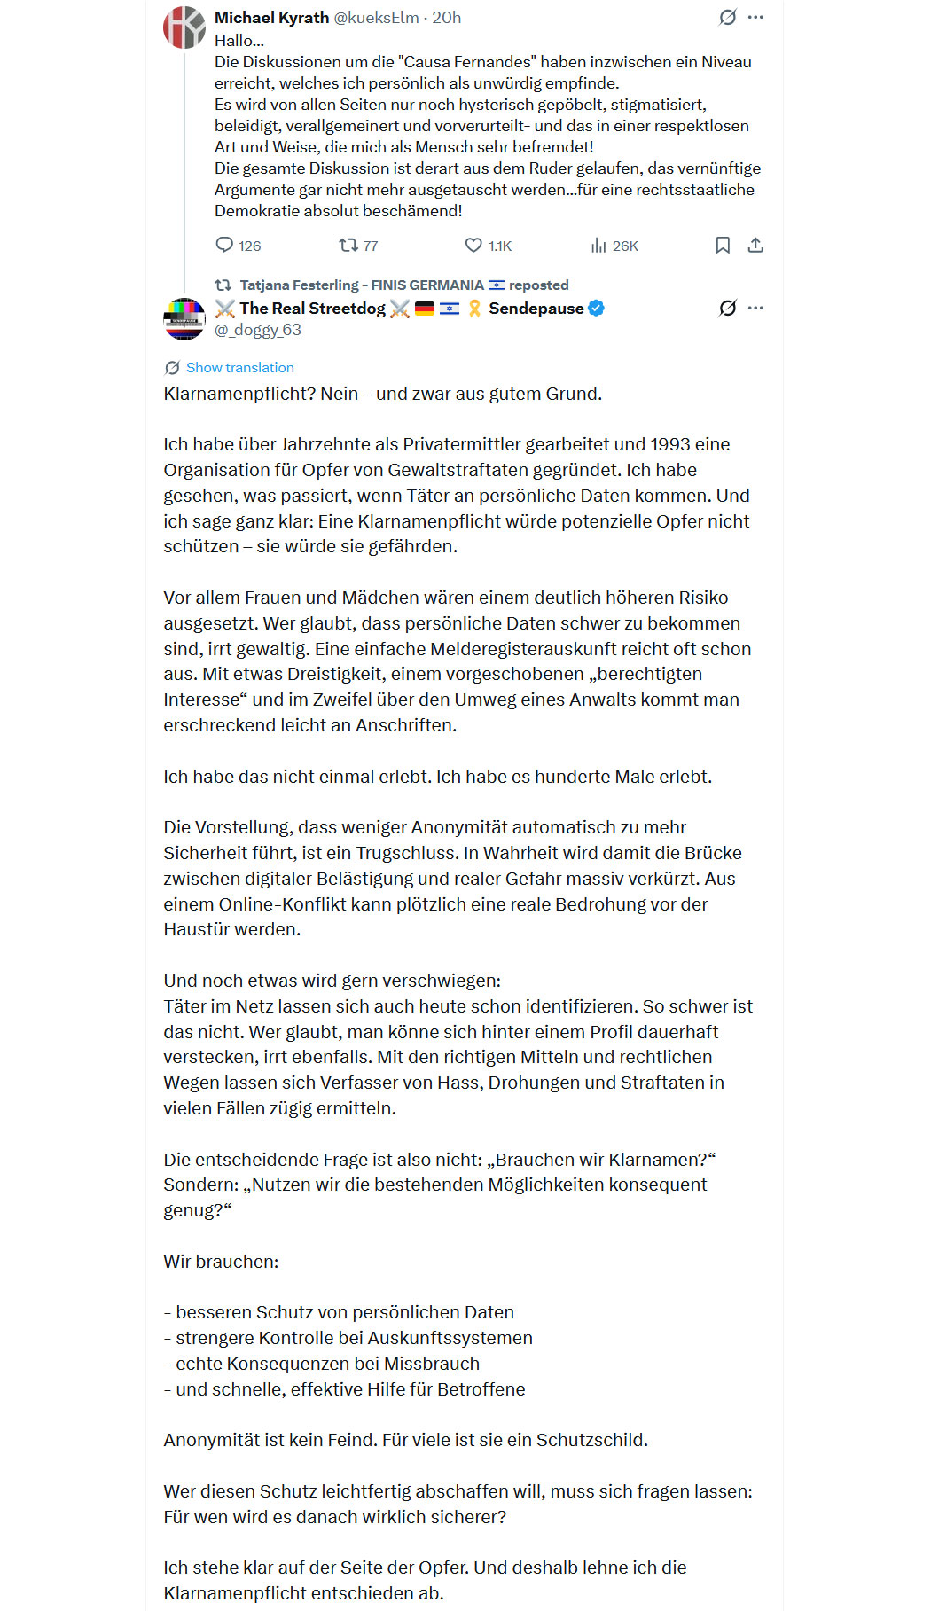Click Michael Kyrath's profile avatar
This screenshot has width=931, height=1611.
184,27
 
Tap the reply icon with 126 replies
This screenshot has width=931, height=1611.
225,246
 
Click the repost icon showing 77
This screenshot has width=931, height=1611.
348,246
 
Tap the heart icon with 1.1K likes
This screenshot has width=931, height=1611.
474,246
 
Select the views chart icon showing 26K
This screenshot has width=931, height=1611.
598,246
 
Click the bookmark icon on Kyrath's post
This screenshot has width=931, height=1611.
723,246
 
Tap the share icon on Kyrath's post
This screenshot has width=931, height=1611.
755,246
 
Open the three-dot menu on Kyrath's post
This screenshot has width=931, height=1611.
755,18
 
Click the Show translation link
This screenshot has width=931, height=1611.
239,368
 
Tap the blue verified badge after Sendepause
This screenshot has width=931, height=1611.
597,309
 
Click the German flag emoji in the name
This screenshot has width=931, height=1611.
425,309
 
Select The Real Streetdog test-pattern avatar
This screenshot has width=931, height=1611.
184,319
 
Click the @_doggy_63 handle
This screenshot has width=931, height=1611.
258,330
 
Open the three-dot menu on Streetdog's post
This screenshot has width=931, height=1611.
755,309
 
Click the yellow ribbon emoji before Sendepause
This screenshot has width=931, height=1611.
474,309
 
